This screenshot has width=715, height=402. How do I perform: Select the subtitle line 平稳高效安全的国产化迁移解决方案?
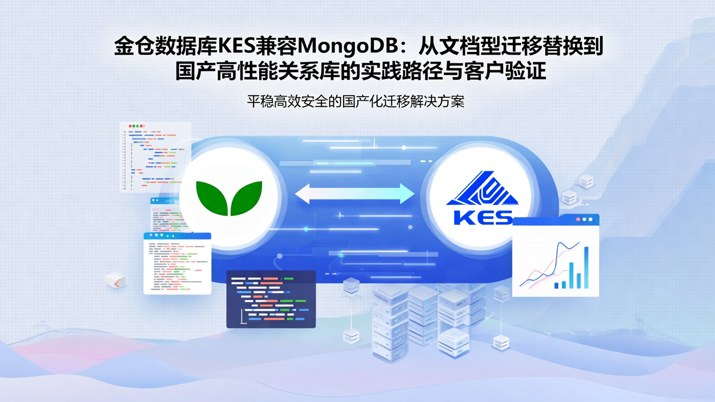pyautogui.click(x=356, y=102)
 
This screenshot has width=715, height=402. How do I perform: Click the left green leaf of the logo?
pyautogui.click(x=212, y=197)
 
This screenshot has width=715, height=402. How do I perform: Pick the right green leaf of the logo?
pyautogui.click(x=247, y=197)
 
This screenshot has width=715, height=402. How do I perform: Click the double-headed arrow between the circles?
pyautogui.click(x=355, y=194)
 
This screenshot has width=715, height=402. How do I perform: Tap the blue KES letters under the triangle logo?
pyautogui.click(x=483, y=217)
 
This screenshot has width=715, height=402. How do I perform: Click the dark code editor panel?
pyautogui.click(x=271, y=299)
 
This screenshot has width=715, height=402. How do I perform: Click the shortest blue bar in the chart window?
pyautogui.click(x=557, y=285)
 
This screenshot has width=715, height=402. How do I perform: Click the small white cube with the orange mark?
pyautogui.click(x=115, y=280)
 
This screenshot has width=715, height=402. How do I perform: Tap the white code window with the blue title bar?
pyautogui.click(x=177, y=263)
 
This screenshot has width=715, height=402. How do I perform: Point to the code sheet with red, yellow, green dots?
pyautogui.click(x=155, y=156)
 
